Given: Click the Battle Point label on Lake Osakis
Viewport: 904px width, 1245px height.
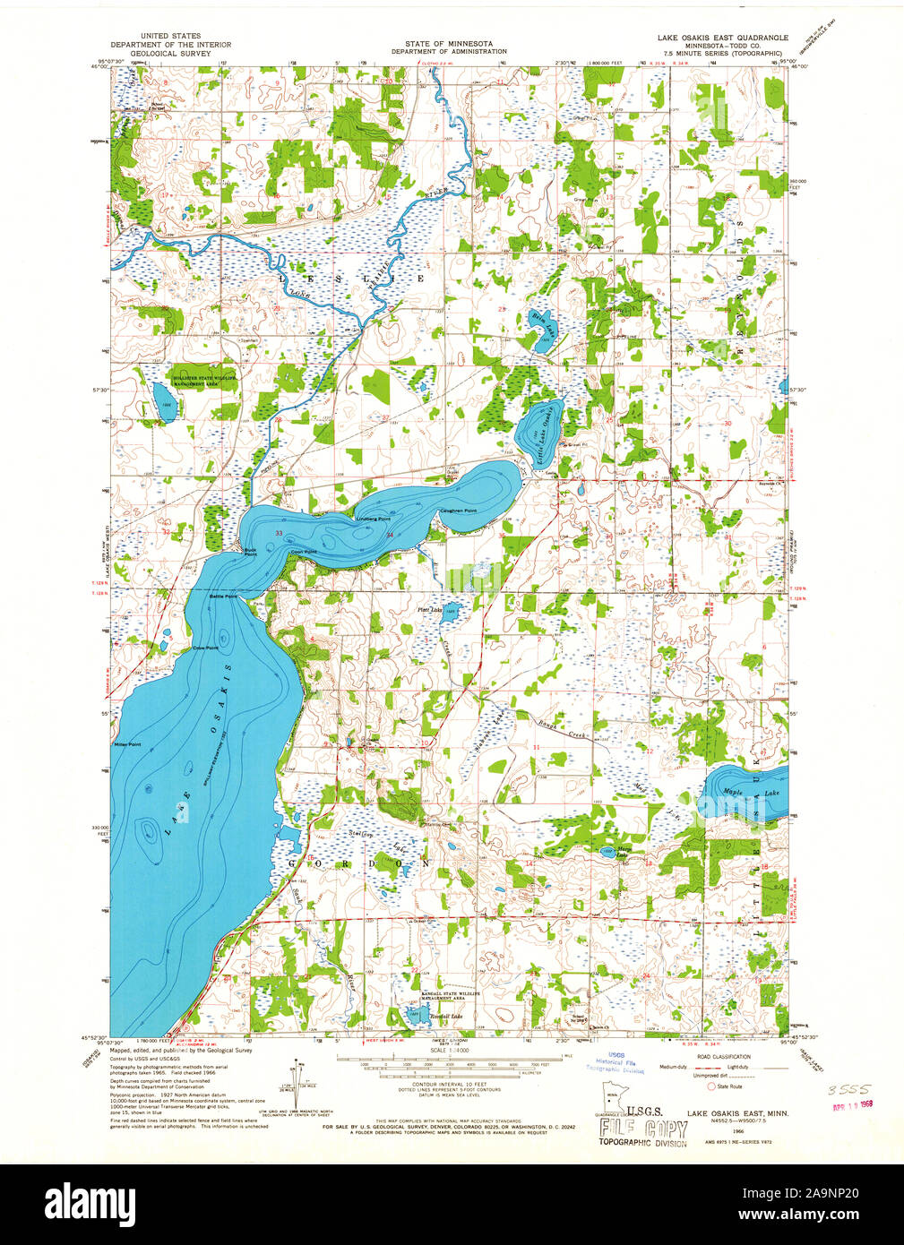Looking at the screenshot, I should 223,596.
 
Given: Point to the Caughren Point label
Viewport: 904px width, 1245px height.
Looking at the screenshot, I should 457,511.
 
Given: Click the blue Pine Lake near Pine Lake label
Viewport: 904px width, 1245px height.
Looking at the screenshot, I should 451,613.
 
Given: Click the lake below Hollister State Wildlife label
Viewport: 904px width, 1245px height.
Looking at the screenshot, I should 164,402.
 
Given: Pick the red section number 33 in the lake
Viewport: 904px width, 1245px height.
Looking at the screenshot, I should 279,534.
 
